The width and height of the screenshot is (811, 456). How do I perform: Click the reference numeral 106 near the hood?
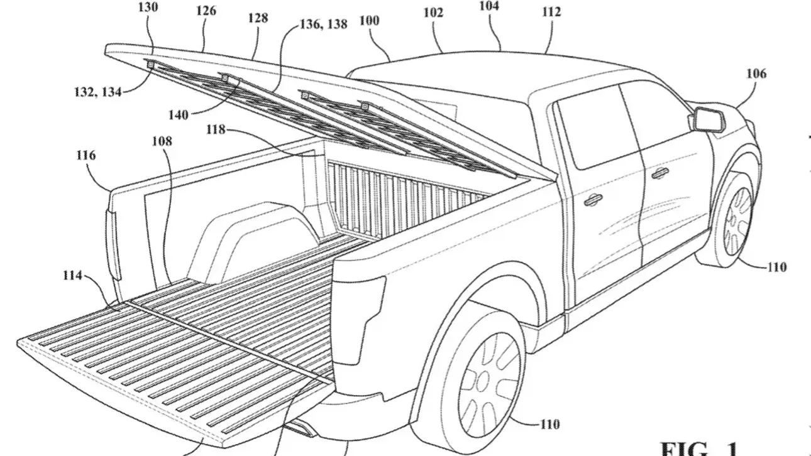coord(756,73)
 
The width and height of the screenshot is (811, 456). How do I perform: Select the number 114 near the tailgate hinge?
coord(74,274)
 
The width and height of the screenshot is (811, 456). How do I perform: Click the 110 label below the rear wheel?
coord(549,425)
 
